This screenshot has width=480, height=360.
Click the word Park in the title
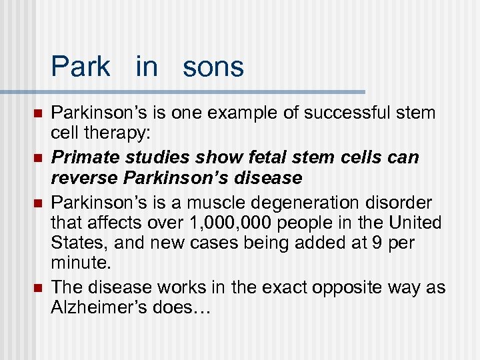[80, 67]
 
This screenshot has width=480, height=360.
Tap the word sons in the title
[213, 67]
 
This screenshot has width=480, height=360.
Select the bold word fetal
[248, 157]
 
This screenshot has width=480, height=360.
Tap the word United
[417, 223]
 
